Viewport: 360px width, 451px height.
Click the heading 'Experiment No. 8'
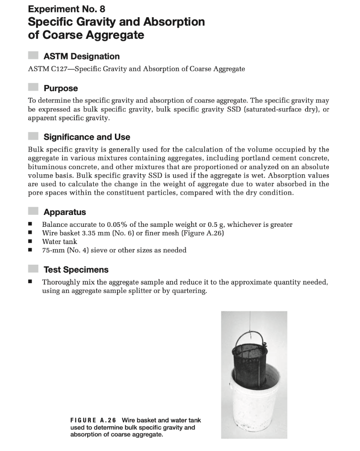pyautogui.click(x=66, y=9)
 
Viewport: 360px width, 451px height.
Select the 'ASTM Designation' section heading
pyautogui.click(x=81, y=56)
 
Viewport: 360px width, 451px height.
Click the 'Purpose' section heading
pyautogui.click(x=61, y=88)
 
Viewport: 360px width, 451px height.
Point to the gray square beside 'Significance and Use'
pyautogui.click(x=33, y=137)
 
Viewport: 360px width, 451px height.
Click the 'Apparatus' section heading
pyautogui.click(x=65, y=212)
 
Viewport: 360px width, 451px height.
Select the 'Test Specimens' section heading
pyautogui.click(x=76, y=270)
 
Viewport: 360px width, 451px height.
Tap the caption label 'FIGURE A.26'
pyautogui.click(x=93, y=420)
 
